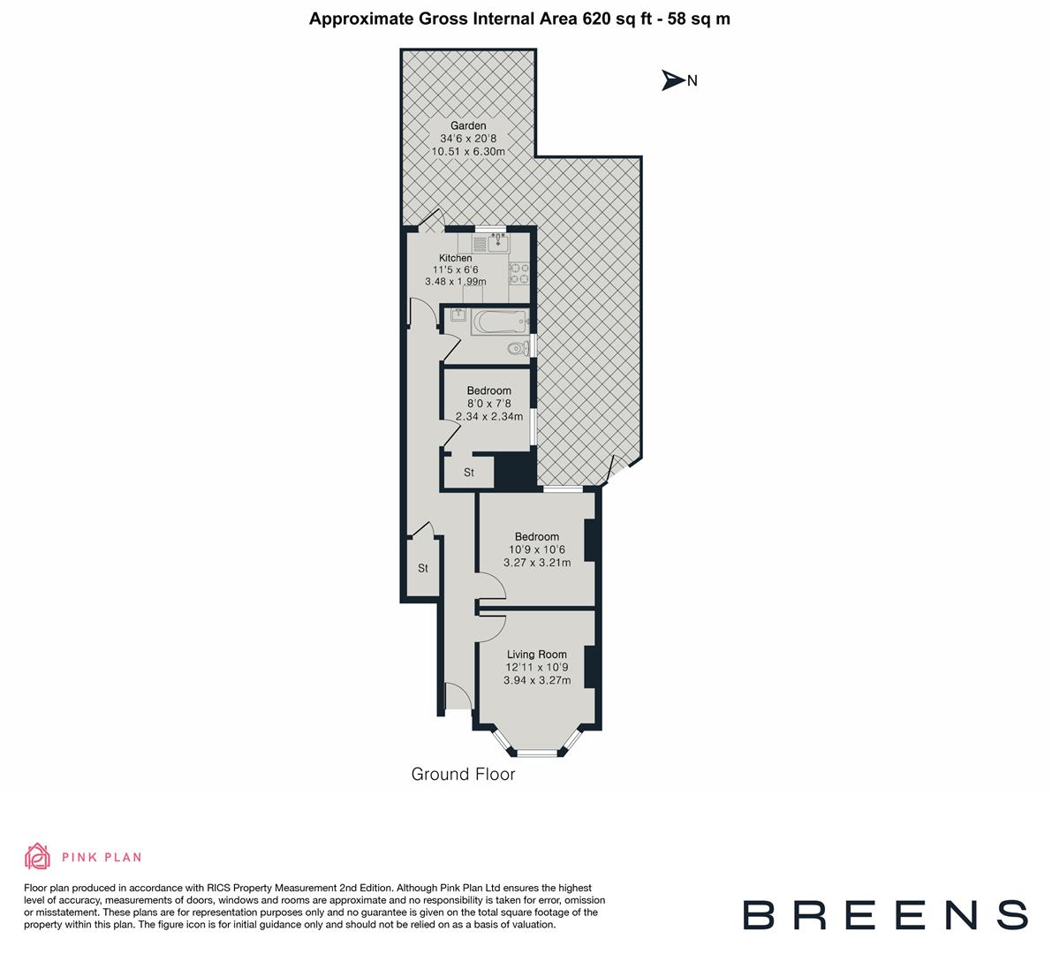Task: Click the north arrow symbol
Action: (x=674, y=80)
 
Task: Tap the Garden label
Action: (x=468, y=126)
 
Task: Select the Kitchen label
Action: (x=456, y=258)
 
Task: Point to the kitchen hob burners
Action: (x=518, y=274)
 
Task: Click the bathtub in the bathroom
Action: (x=499, y=321)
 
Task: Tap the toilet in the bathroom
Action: (x=518, y=350)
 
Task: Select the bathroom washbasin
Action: (x=457, y=314)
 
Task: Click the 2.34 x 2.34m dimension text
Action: (x=489, y=416)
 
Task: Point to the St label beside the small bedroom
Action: (x=469, y=473)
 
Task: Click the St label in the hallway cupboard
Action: (x=423, y=568)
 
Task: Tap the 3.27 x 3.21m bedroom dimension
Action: (x=537, y=562)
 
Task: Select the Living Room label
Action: (x=537, y=655)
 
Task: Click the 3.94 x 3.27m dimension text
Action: (x=537, y=680)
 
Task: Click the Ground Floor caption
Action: (x=463, y=775)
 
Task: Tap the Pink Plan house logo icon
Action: (x=38, y=856)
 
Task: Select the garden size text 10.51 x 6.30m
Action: (x=468, y=151)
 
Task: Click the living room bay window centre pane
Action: (x=538, y=753)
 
